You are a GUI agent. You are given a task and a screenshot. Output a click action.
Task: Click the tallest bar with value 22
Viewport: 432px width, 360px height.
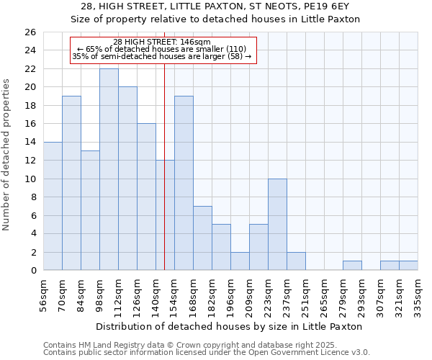click(x=109, y=169)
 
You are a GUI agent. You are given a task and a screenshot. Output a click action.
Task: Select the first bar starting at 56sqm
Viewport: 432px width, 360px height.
click(x=53, y=206)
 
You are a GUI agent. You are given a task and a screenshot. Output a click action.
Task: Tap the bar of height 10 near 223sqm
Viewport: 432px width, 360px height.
click(x=277, y=225)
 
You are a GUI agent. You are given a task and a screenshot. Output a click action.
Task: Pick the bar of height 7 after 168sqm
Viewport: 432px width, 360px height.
click(x=202, y=238)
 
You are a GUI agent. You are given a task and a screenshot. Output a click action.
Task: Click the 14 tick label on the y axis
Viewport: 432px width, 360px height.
click(x=32, y=143)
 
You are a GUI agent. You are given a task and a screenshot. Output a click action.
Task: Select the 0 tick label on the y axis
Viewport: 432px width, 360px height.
click(x=34, y=271)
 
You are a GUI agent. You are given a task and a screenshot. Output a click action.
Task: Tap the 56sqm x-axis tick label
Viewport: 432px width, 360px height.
click(x=43, y=292)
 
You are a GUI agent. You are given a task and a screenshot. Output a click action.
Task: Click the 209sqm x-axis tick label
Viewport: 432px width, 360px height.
click(x=249, y=292)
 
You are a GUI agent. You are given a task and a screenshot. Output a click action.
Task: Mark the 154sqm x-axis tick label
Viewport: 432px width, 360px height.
click(x=174, y=292)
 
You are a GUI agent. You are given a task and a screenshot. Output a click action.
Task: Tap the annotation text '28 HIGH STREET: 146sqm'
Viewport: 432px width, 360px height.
click(x=162, y=42)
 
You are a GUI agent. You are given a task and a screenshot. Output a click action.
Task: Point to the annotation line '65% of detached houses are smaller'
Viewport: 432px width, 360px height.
click(x=162, y=49)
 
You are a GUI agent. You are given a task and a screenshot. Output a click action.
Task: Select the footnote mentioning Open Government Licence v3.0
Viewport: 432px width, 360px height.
click(x=207, y=353)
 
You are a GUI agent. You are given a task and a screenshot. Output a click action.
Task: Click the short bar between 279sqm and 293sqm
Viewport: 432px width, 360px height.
click(x=352, y=266)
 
